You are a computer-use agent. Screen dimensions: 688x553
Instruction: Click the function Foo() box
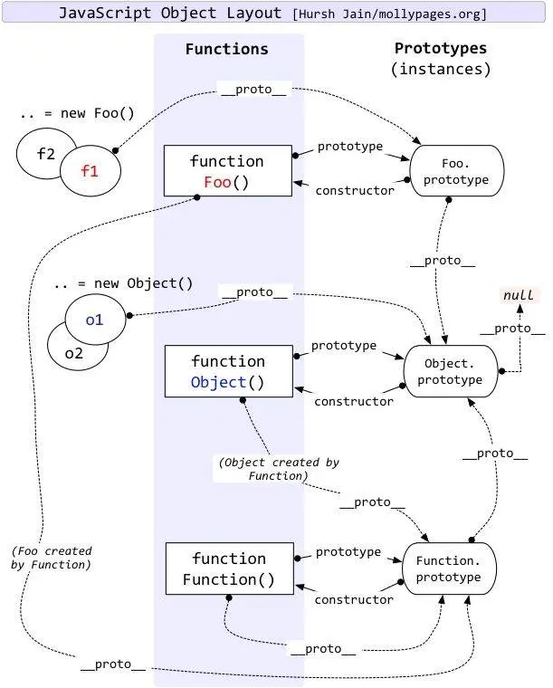227,170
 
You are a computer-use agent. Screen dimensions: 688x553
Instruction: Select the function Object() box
227,371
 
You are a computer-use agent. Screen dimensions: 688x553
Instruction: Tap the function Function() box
228,569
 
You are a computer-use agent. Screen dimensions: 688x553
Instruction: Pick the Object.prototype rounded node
450,371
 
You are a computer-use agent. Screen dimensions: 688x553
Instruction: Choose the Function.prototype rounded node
449,569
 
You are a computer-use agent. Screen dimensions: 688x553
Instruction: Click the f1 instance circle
90,170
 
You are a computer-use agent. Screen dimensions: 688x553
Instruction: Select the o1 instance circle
94,320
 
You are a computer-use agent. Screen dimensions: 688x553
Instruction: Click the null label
519,295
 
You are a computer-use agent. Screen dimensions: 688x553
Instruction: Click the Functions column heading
226,49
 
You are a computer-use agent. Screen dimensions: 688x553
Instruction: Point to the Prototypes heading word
440,48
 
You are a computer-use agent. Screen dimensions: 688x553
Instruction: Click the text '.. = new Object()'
123,282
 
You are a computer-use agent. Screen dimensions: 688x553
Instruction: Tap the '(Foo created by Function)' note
52,558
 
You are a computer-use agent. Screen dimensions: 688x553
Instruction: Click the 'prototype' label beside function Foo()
349,146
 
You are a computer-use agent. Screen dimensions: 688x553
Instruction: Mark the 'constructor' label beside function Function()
354,599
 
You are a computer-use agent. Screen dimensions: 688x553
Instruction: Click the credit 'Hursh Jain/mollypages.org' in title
389,14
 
